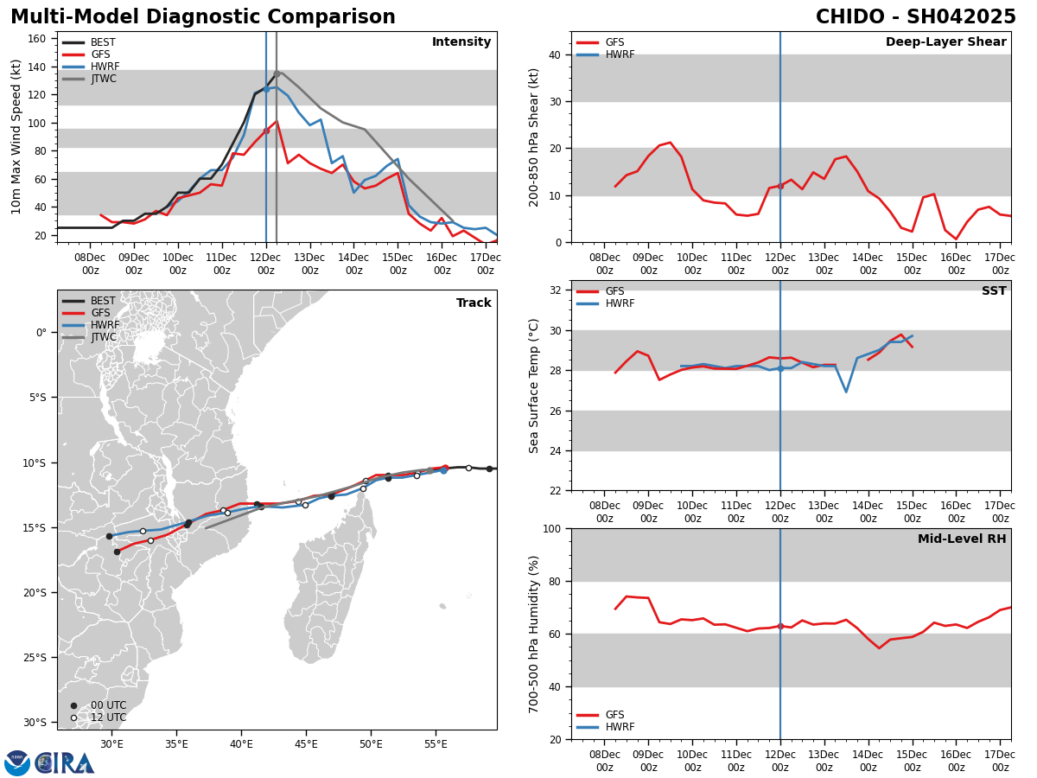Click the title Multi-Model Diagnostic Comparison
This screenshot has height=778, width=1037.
[x=203, y=17]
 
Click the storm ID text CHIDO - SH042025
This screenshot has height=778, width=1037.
[x=915, y=17]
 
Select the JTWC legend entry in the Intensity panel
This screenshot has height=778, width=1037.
[x=104, y=79]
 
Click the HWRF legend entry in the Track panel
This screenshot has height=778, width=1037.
[x=104, y=325]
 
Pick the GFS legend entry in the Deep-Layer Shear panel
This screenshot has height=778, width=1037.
[x=614, y=42]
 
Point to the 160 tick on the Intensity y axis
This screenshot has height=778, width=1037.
[x=40, y=39]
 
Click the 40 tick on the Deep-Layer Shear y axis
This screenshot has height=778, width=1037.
[x=554, y=54]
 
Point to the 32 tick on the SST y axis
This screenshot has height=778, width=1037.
[x=554, y=290]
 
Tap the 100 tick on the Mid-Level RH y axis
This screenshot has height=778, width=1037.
[x=550, y=528]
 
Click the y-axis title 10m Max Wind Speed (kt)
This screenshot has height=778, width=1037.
[x=16, y=137]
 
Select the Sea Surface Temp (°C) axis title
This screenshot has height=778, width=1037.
[x=534, y=386]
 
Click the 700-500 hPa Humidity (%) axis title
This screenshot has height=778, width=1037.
[x=534, y=634]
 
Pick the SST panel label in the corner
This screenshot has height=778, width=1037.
[x=994, y=291]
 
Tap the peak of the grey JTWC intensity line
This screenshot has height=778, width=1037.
[x=277, y=72]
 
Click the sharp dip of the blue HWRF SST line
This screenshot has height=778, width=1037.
[x=846, y=392]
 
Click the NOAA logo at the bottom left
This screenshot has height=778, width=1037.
[x=17, y=763]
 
